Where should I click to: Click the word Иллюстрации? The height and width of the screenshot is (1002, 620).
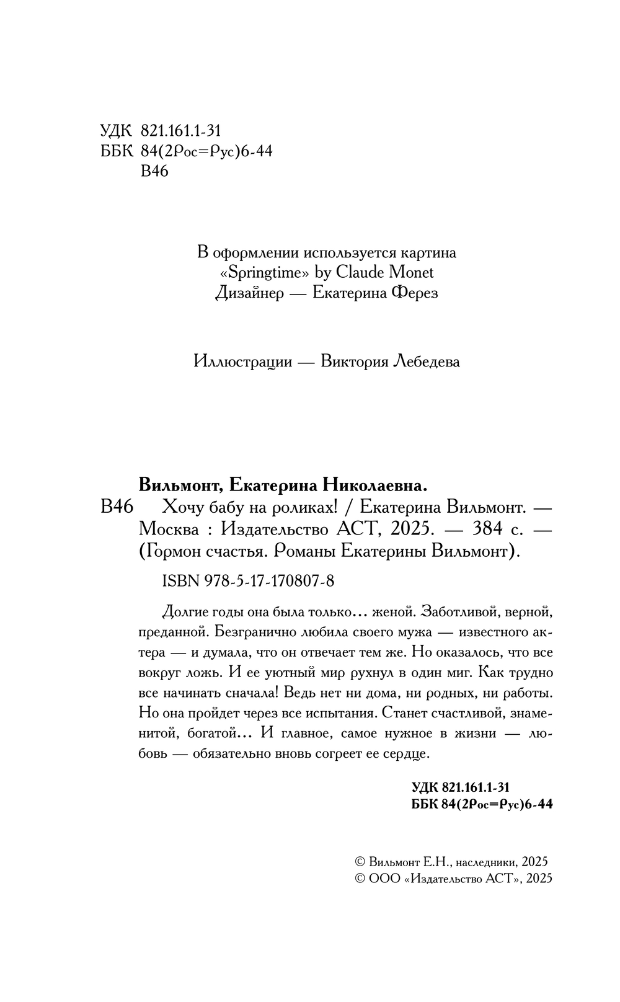click(x=242, y=361)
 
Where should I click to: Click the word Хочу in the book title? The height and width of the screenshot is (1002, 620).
click(x=180, y=508)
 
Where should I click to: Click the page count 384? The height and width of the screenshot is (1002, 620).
click(x=487, y=530)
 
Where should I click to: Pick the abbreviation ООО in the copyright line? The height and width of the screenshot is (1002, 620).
click(x=383, y=879)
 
